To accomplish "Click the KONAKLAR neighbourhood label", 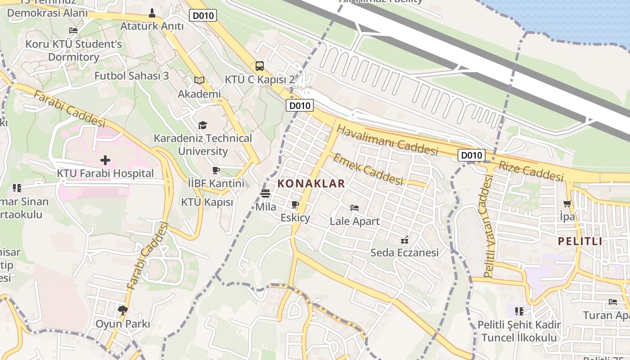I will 311,184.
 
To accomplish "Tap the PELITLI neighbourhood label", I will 580,241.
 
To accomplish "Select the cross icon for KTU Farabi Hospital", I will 105,160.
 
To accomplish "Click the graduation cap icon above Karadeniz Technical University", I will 203,125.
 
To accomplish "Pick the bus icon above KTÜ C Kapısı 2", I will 260,67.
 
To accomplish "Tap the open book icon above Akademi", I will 199,81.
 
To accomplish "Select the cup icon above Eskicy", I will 295,205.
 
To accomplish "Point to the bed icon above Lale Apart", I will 355,208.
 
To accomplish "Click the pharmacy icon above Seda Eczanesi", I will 405,239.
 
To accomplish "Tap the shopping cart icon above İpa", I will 567,203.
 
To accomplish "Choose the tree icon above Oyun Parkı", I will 122,310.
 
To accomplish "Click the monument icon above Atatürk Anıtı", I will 152,13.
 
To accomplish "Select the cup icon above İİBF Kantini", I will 216,170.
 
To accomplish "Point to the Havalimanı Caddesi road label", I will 387,140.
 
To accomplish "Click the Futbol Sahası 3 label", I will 131,76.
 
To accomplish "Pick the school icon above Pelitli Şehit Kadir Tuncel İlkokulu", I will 519,311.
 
